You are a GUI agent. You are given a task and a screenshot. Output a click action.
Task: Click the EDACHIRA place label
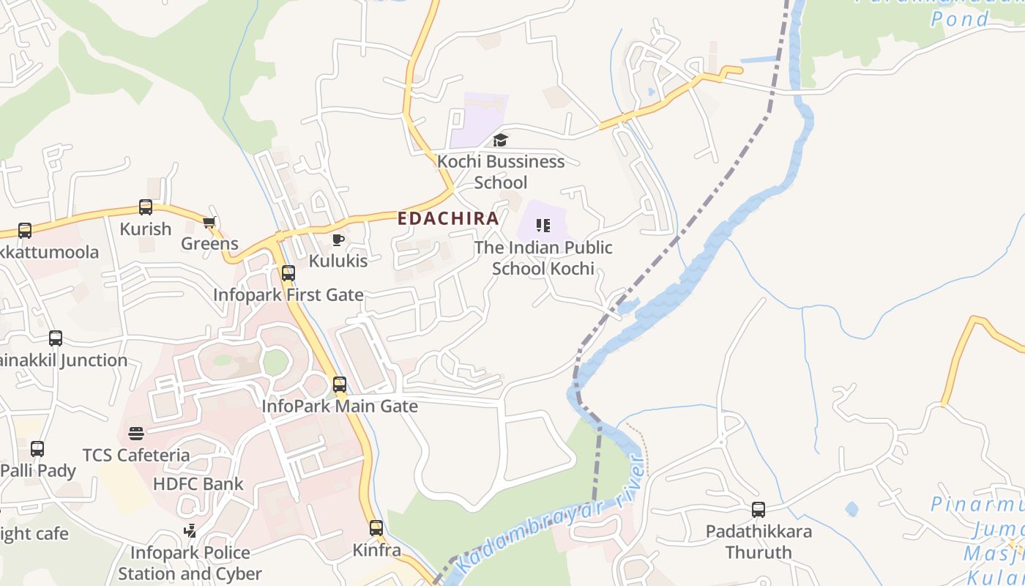448,218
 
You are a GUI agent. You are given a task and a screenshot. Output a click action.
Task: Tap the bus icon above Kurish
146,207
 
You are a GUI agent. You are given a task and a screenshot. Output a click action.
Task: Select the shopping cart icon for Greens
209,223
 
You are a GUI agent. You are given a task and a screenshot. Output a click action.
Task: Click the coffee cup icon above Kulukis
338,240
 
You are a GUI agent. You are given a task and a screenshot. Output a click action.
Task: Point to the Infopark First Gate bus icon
288,273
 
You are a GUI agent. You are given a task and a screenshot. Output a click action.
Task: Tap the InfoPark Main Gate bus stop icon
340,385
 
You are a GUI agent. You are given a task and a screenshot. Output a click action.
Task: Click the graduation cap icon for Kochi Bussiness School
500,140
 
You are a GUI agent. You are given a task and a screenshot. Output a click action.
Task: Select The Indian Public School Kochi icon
543,226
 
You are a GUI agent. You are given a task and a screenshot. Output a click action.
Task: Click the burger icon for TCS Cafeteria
136,434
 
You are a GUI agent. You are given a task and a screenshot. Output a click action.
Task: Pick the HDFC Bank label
198,484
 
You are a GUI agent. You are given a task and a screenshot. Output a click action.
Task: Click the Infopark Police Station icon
190,530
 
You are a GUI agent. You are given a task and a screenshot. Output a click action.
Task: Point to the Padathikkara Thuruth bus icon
758,510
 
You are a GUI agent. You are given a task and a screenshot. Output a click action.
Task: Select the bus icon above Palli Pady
37,449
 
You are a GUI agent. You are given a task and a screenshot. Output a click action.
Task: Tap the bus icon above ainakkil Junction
56,338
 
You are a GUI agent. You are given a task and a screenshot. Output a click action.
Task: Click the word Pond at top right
959,19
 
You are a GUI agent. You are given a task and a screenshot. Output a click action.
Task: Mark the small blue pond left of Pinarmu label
851,508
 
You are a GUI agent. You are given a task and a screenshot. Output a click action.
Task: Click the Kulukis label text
338,261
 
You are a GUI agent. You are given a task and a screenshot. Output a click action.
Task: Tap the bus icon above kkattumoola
25,231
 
